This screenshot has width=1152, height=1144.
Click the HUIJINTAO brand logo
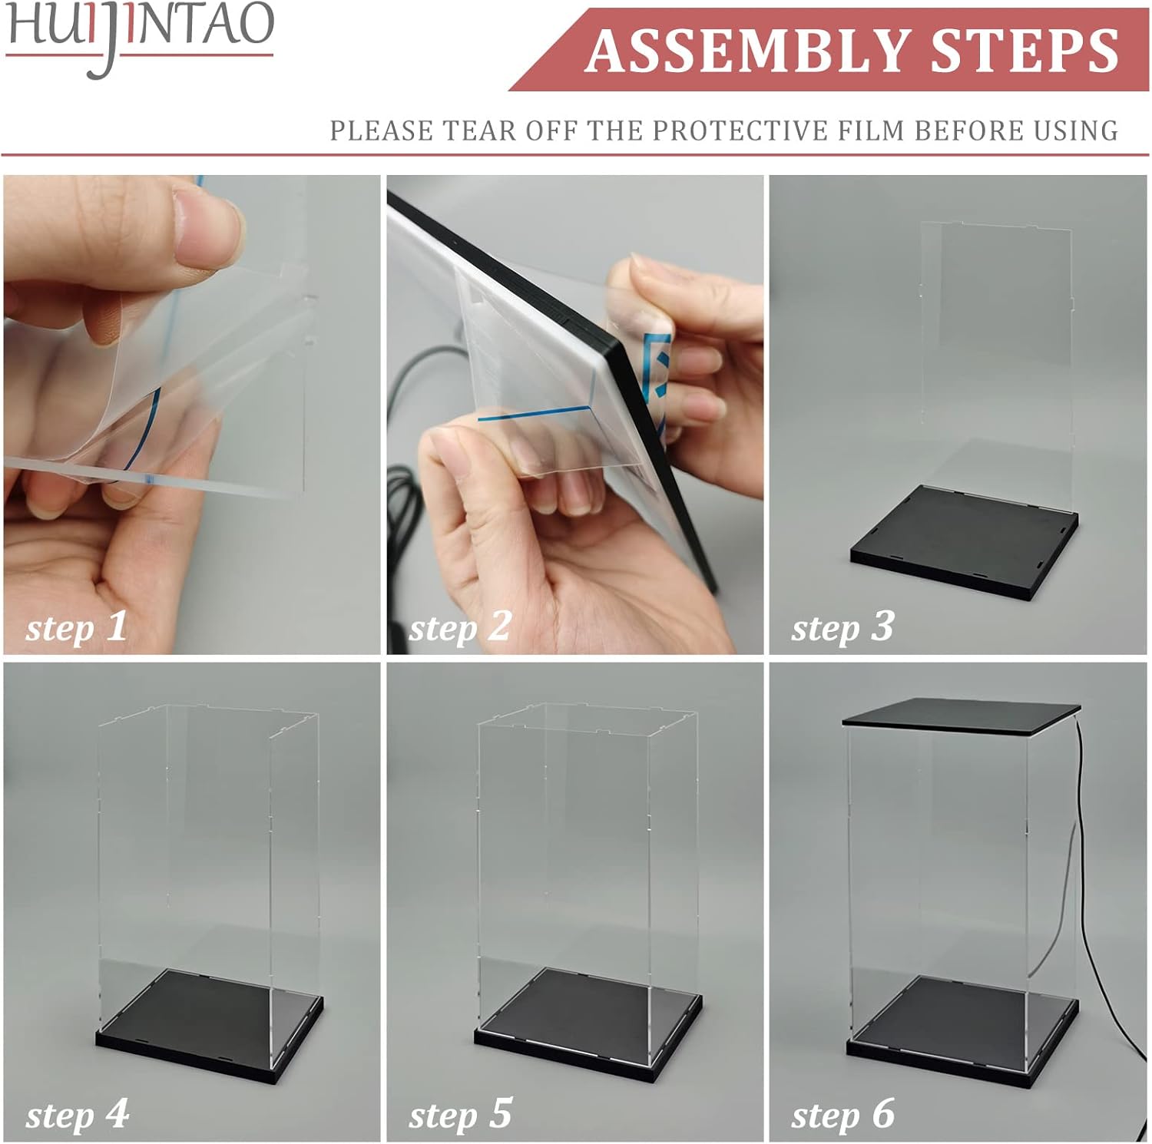click(x=140, y=35)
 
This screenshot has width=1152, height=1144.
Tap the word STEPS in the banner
click(x=1025, y=51)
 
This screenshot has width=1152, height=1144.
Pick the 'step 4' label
click(x=77, y=1114)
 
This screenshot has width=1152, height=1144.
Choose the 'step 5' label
click(x=460, y=1114)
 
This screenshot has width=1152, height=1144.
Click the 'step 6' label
click(x=842, y=1114)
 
